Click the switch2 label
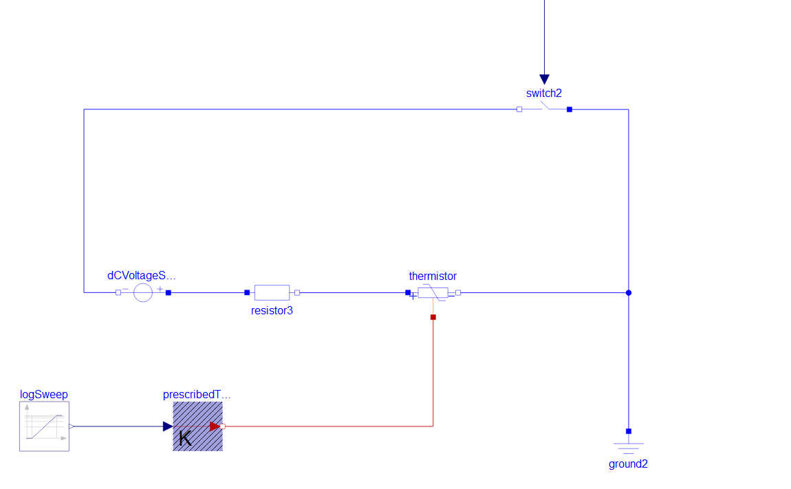pyautogui.click(x=544, y=94)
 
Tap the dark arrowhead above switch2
pyautogui.click(x=544, y=79)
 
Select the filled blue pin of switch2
pyautogui.click(x=570, y=109)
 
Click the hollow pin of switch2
pyautogui.click(x=519, y=109)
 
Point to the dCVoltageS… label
pyautogui.click(x=142, y=276)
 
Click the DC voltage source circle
pyautogui.click(x=143, y=293)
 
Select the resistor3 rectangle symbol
pyautogui.click(x=272, y=293)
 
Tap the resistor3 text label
pyautogui.click(x=272, y=310)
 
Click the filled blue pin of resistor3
pyautogui.click(x=247, y=293)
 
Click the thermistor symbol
pyautogui.click(x=433, y=293)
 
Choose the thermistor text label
pyautogui.click(x=433, y=276)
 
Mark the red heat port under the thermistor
pyautogui.click(x=433, y=318)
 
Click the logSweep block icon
pyautogui.click(x=45, y=426)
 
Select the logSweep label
pyautogui.click(x=44, y=395)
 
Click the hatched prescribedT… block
pyautogui.click(x=198, y=426)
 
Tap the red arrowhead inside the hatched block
pyautogui.click(x=215, y=426)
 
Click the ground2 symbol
pyautogui.click(x=629, y=447)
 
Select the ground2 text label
pyautogui.click(x=628, y=464)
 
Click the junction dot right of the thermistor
pyautogui.click(x=629, y=293)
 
